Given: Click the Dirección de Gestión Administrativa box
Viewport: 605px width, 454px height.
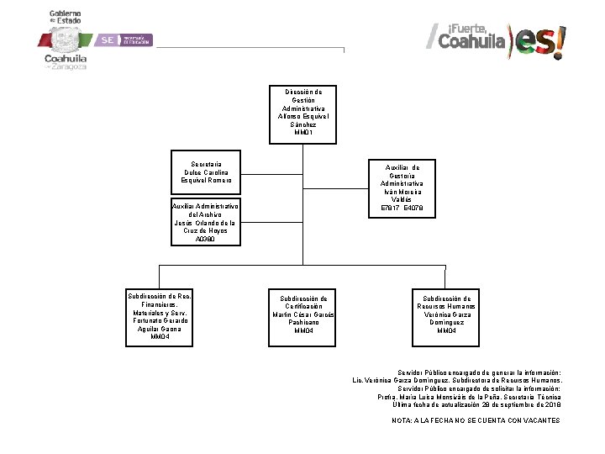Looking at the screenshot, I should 305,113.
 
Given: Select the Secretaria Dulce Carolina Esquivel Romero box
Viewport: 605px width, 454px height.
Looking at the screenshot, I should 206,171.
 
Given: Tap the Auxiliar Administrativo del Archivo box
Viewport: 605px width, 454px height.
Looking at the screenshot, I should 206,222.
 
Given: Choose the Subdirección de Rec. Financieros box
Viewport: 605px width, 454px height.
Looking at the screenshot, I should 160,315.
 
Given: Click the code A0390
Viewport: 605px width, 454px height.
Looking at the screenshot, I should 206,239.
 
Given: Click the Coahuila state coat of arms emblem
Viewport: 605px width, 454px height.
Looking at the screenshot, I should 65,40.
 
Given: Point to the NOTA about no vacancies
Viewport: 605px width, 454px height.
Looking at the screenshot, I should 475,420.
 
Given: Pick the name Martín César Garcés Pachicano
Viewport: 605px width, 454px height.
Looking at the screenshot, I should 304,319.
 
